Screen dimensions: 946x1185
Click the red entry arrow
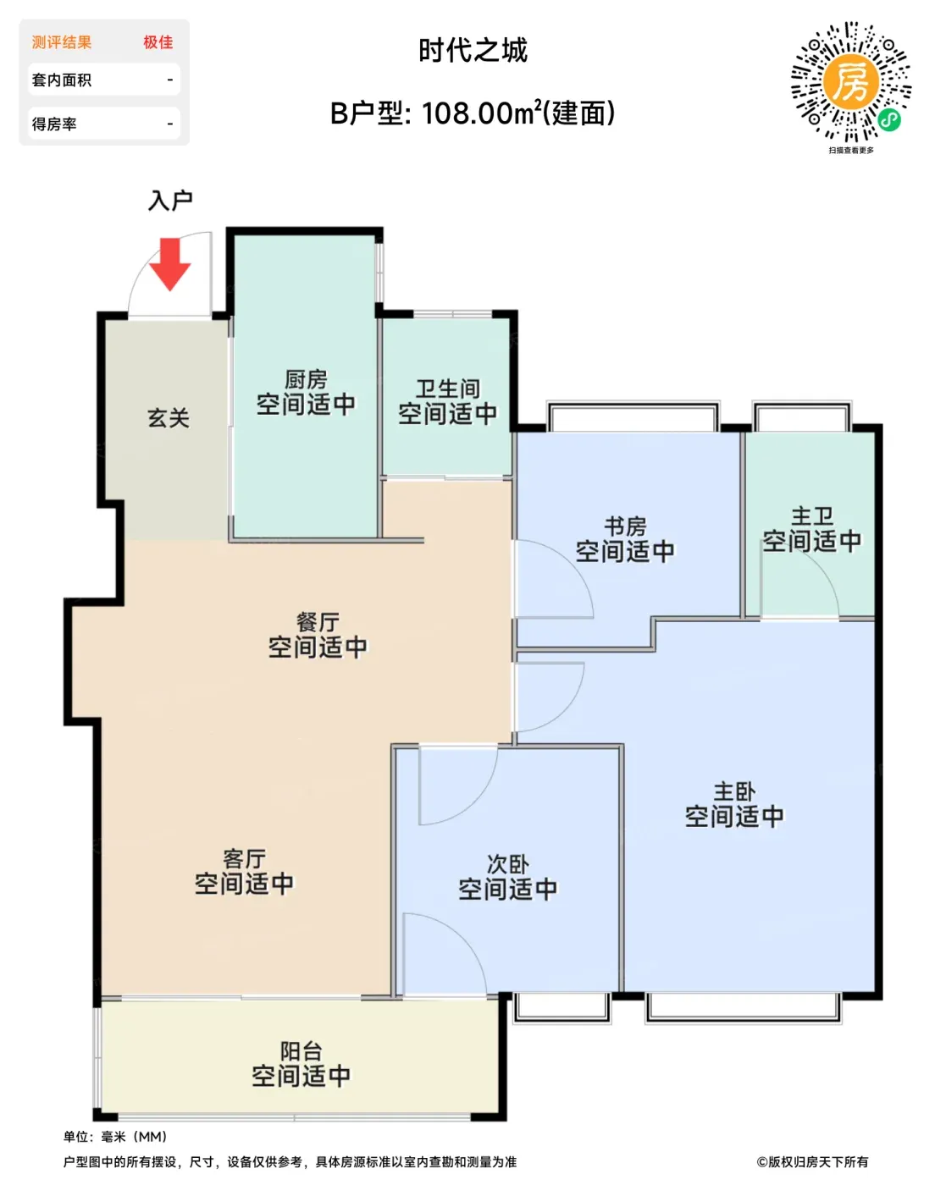pyautogui.click(x=170, y=264)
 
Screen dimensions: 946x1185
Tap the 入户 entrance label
pyautogui.click(x=170, y=201)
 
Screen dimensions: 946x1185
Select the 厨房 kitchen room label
pyautogui.click(x=306, y=379)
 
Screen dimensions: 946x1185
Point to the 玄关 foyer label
pyautogui.click(x=168, y=418)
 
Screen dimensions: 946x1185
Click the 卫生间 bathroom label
pyautogui.click(x=447, y=389)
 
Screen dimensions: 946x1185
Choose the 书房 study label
pyautogui.click(x=625, y=526)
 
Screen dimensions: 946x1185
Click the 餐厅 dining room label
pyautogui.click(x=318, y=623)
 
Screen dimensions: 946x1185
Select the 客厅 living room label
pyautogui.click(x=244, y=859)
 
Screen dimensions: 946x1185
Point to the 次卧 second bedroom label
pyautogui.click(x=507, y=864)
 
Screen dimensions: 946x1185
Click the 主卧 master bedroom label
pyautogui.click(x=734, y=792)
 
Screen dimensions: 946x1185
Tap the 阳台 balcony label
pyautogui.click(x=301, y=1051)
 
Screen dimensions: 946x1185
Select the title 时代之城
pyautogui.click(x=473, y=51)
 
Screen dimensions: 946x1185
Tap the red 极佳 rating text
pyautogui.click(x=158, y=42)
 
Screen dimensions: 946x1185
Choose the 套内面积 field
pyautogui.click(x=104, y=80)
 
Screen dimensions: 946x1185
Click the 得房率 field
pyautogui.click(x=104, y=124)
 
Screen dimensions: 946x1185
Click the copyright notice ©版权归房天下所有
pyautogui.click(x=812, y=1162)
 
